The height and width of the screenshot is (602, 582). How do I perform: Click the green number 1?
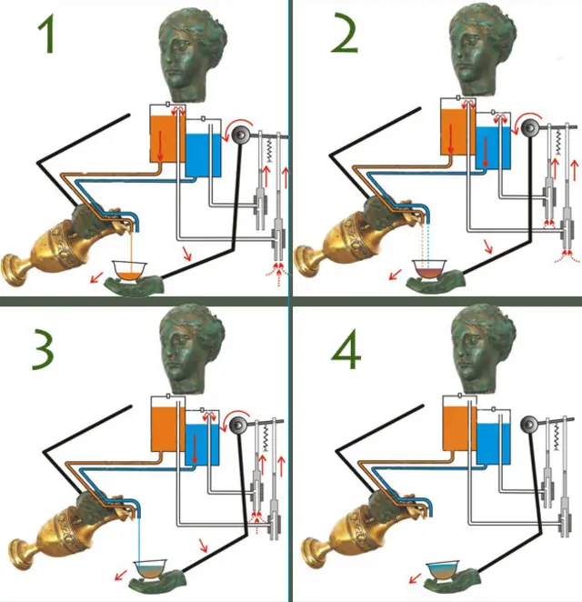(x=47, y=33)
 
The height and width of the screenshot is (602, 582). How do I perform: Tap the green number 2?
(x=344, y=33)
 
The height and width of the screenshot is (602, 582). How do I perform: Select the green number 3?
(x=43, y=348)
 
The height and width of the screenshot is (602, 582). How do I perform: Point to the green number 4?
(x=346, y=348)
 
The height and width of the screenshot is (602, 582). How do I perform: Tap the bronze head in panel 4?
(x=484, y=348)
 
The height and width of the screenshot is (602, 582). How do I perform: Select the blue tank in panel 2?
(x=493, y=148)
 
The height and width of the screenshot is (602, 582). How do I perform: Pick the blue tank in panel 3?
(x=202, y=444)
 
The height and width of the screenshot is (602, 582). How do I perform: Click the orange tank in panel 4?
(x=457, y=429)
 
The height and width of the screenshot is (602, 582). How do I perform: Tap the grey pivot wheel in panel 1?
(x=242, y=135)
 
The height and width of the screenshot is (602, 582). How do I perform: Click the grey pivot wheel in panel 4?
(x=529, y=425)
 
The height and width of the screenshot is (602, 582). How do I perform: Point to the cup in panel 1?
(x=130, y=270)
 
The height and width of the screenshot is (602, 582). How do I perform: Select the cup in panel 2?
(x=429, y=269)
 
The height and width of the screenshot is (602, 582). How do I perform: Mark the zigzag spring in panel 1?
(x=269, y=151)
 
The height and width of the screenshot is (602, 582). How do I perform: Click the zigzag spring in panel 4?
(x=556, y=437)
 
